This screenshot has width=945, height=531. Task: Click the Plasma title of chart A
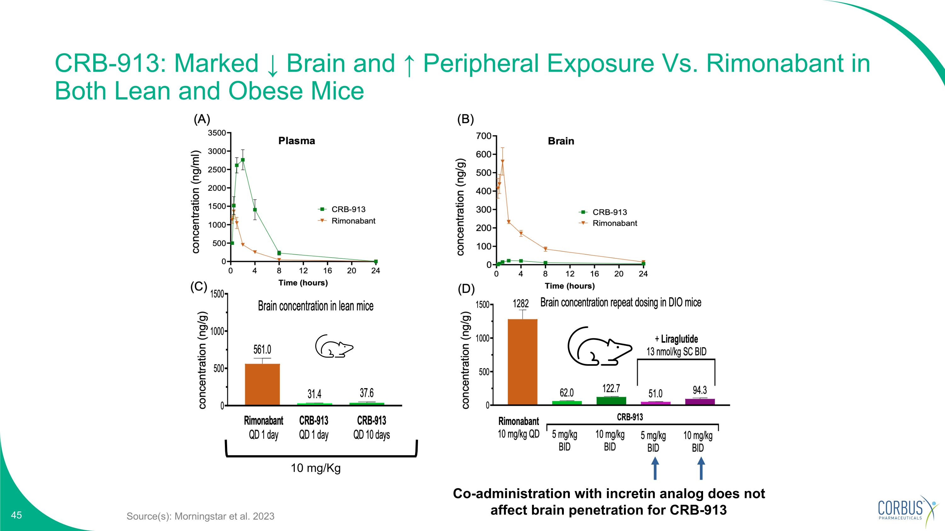(x=296, y=141)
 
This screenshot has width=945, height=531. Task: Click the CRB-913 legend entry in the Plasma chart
(x=341, y=209)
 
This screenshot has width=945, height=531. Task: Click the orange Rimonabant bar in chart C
(x=262, y=384)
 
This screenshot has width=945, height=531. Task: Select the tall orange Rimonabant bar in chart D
(x=522, y=362)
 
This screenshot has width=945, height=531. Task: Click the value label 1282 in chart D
(x=521, y=303)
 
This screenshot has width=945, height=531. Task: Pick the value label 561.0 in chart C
(x=262, y=349)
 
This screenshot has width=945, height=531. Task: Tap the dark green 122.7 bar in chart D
(x=611, y=401)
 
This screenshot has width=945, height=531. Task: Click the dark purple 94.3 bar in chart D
(x=700, y=402)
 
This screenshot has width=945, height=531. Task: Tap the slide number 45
(x=16, y=515)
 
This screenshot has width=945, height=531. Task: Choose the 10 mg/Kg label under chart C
(x=316, y=468)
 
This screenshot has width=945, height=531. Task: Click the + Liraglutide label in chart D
(x=677, y=339)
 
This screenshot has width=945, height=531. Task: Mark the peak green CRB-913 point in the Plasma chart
(x=243, y=160)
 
